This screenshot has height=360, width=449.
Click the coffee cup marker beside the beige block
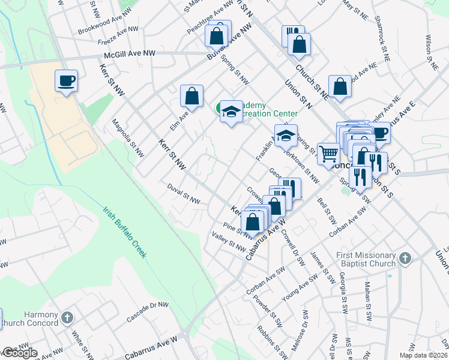pos(66,80)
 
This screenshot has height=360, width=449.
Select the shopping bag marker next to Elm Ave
pos(191,95)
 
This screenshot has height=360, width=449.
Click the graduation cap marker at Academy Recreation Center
pos(231,112)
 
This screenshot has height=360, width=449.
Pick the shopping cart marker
pos(328,154)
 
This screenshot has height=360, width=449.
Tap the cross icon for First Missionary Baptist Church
pos(405,259)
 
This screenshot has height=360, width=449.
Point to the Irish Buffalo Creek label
pos(124,233)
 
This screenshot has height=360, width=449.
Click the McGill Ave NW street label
pos(130,54)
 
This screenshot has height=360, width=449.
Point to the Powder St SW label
pos(267,311)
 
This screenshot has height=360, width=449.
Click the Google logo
pos(19,353)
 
